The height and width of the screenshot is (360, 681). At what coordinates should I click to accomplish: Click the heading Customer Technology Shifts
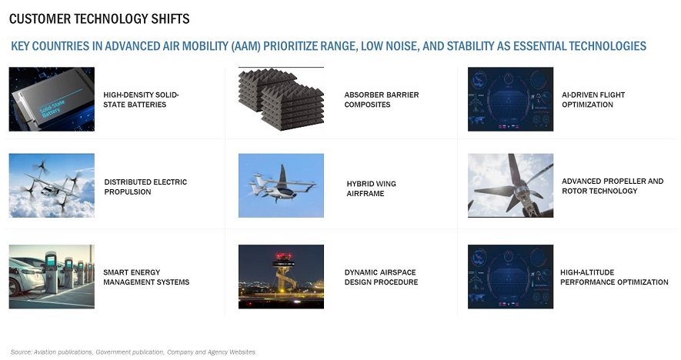[x=99, y=19]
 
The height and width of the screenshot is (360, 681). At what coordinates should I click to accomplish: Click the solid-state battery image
[x=52, y=99]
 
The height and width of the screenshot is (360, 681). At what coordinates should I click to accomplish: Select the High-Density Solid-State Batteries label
[x=141, y=99]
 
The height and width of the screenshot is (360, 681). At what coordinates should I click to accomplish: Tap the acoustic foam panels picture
[x=281, y=99]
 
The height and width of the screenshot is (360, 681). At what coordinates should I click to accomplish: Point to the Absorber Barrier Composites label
[x=382, y=99]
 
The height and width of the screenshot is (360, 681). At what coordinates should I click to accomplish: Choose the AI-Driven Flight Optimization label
[x=593, y=99]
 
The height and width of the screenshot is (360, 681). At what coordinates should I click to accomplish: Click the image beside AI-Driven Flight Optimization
[x=510, y=99]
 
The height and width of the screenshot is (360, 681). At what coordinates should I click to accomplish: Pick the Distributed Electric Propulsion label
[x=145, y=187]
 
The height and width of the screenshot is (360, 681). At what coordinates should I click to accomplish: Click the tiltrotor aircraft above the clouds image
[x=52, y=185]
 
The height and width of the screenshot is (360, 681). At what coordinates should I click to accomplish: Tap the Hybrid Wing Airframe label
[x=372, y=188]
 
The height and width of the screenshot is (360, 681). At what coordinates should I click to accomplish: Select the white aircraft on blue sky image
[x=281, y=185]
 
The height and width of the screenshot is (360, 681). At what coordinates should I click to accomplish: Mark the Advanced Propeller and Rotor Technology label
[x=613, y=186]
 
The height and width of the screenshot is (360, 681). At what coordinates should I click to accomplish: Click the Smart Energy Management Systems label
[x=146, y=277]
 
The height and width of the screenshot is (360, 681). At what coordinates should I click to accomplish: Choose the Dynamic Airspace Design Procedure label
[x=381, y=277]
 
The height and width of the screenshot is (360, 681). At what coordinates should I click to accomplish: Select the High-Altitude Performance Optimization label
[x=614, y=277]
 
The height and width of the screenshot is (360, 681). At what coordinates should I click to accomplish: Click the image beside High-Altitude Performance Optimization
[x=510, y=277]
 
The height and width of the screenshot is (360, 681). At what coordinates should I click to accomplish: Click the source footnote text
[x=133, y=352]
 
